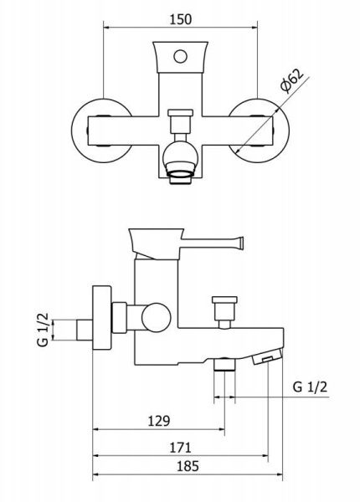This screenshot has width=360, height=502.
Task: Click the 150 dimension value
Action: [x=180, y=19]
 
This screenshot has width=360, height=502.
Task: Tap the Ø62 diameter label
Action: [x=291, y=80]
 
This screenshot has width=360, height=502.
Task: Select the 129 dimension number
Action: [x=159, y=421]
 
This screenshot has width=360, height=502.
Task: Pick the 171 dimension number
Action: [x=180, y=448]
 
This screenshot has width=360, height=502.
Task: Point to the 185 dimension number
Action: [x=188, y=466]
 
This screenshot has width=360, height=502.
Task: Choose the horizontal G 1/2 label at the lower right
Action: [x=310, y=387]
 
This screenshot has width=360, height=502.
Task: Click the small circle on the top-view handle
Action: [x=180, y=56]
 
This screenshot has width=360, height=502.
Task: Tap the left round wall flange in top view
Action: [x=75, y=131]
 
